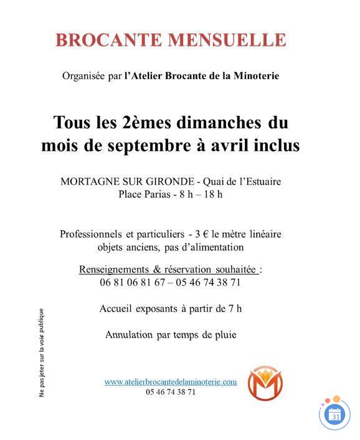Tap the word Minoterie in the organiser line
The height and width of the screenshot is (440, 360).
pos(256,76)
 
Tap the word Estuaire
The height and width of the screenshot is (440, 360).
pos(259,182)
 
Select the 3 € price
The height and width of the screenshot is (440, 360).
pos(201,235)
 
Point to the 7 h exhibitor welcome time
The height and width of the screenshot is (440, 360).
pos(234,308)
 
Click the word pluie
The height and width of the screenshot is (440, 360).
pos(223,334)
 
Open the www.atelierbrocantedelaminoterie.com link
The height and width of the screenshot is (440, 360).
pos(170,381)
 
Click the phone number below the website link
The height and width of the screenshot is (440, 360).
pos(171,392)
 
